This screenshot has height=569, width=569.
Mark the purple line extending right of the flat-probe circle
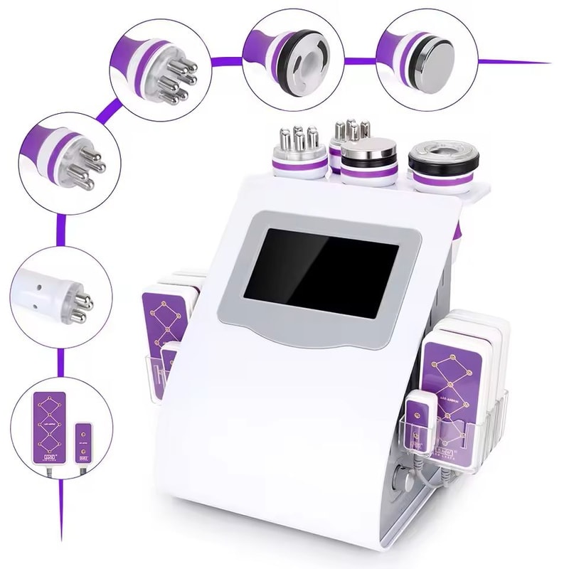[512, 61]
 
